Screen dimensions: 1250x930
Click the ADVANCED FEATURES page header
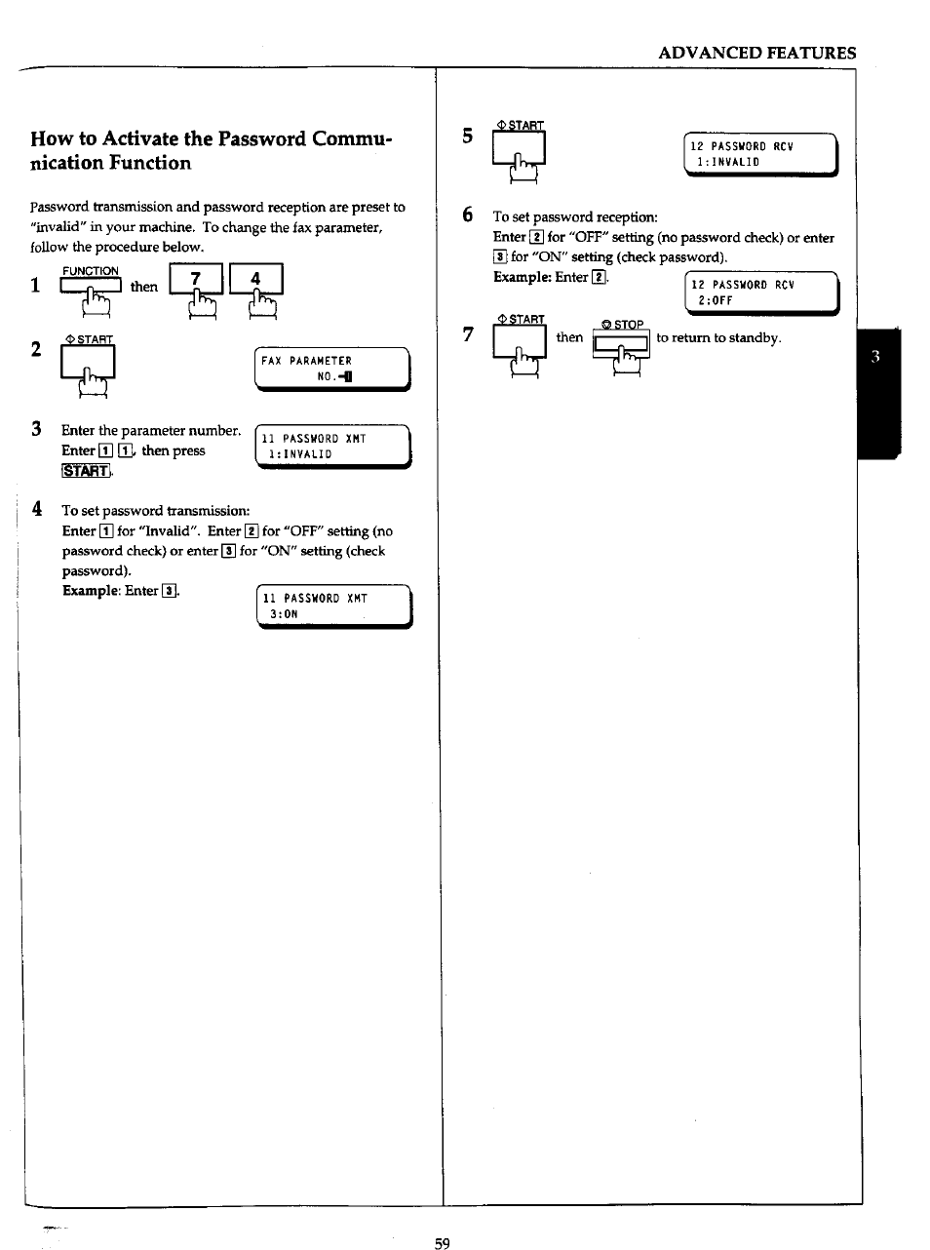[756, 53]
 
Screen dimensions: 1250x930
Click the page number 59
[442, 1243]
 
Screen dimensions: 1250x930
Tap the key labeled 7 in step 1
[196, 280]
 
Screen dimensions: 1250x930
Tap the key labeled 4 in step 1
[255, 280]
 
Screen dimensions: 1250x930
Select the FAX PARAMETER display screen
[332, 369]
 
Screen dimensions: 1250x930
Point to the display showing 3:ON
[333, 606]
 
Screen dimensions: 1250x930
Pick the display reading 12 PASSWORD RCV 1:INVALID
[760, 154]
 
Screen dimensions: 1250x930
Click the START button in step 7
[519, 341]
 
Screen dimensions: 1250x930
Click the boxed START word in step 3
[86, 472]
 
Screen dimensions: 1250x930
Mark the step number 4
[37, 509]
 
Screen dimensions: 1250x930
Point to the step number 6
[468, 215]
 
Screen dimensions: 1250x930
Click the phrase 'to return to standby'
[718, 337]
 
